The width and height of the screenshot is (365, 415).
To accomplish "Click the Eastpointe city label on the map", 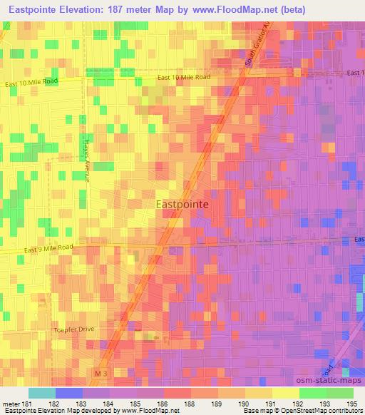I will pos(182,203).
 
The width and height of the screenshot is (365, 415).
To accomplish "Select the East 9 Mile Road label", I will pos(48,249).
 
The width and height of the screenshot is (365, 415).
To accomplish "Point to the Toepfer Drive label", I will pos(74,329).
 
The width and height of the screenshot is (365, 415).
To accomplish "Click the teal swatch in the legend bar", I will pos(42,393).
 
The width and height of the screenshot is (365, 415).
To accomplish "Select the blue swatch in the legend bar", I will pos(69,393).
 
